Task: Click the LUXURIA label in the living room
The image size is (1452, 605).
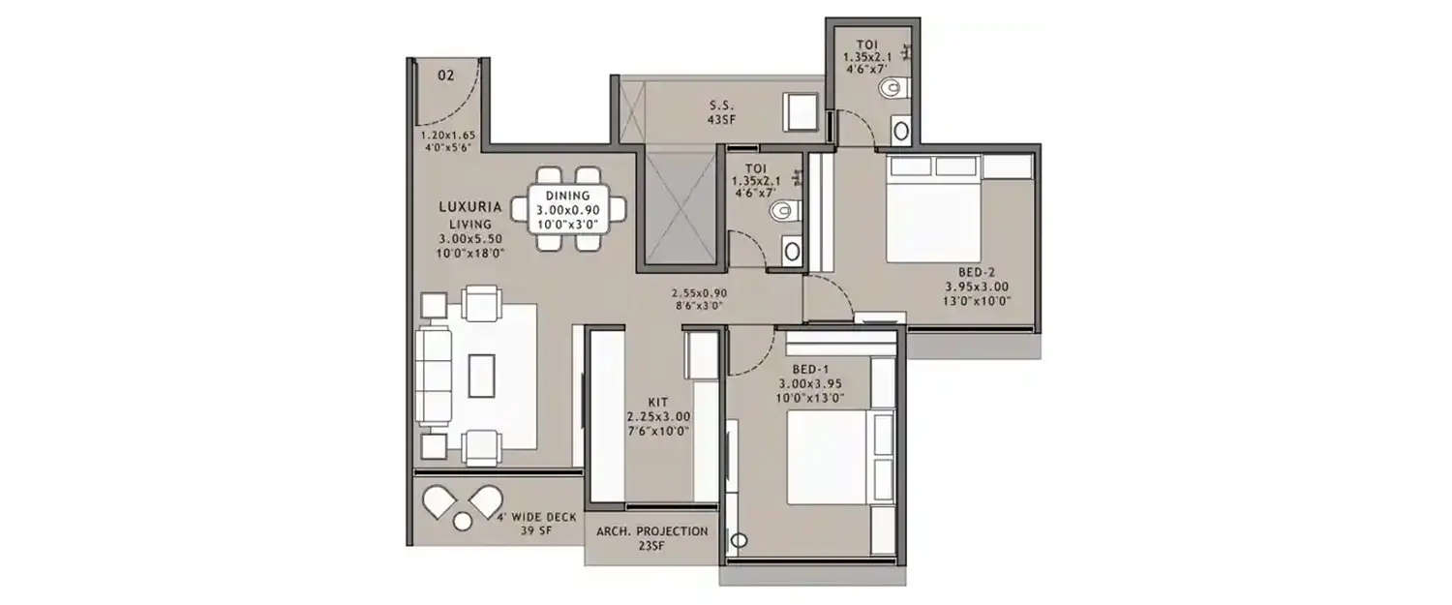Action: pos(469,206)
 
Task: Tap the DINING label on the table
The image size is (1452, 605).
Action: pos(567,196)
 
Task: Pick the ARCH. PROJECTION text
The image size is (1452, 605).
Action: pos(651,531)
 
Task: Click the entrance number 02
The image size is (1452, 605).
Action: pos(446,75)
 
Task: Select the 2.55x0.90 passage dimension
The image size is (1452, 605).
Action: pos(699,291)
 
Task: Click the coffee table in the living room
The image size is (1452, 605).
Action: pos(481,375)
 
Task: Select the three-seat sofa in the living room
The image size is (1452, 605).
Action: pos(433,375)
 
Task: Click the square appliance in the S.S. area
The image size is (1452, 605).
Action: pos(802,111)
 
